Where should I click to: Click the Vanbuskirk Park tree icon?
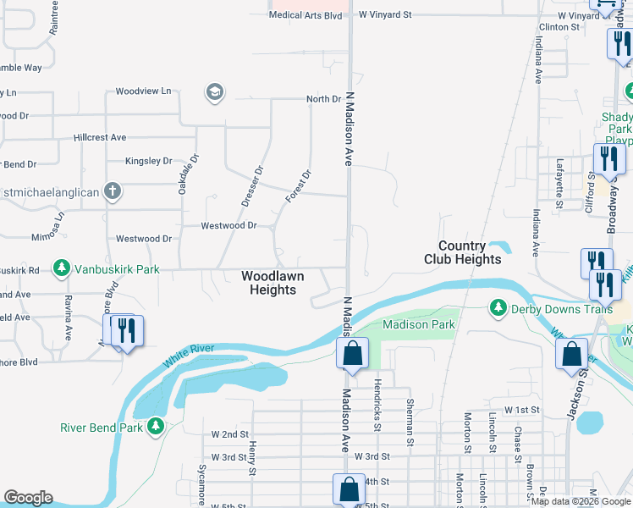click(61, 269)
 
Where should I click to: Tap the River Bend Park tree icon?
click(155, 427)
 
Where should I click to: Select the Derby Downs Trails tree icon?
click(499, 308)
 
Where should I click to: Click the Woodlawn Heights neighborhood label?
click(269, 283)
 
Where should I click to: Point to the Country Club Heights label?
click(462, 253)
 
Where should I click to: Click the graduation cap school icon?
click(215, 91)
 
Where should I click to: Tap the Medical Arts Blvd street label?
click(305, 15)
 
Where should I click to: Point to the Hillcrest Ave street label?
click(100, 137)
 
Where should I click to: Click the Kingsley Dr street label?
click(148, 160)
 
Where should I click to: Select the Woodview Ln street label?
click(143, 91)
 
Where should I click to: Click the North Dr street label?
click(323, 99)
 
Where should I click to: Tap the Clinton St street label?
click(559, 27)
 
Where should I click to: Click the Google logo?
click(28, 498)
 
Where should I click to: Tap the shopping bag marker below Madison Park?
click(352, 353)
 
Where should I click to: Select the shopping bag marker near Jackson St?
click(571, 353)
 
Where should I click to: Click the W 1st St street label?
click(521, 410)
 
